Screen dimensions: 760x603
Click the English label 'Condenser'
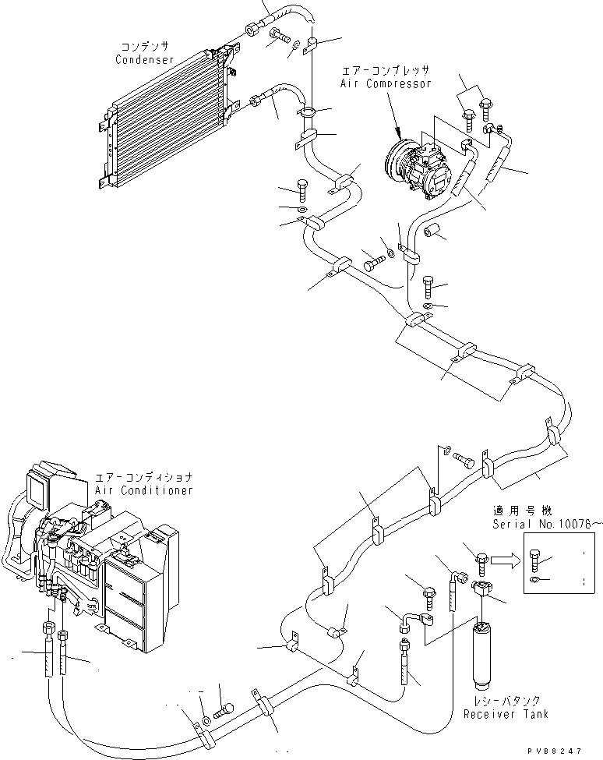(x=144, y=60)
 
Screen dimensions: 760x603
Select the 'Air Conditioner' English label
(x=144, y=490)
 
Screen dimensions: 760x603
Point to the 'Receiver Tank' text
(x=506, y=714)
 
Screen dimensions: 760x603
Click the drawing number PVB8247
(x=554, y=751)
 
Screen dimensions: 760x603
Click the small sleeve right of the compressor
(x=434, y=231)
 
